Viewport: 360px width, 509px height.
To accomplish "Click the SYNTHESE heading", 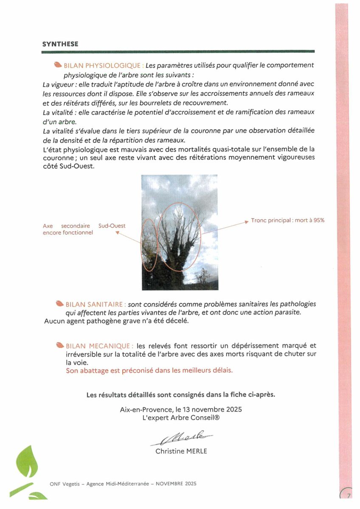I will [60, 44].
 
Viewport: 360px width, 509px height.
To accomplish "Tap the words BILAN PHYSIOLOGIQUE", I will [103, 66].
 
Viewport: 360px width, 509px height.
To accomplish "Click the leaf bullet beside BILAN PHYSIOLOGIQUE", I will [58, 65].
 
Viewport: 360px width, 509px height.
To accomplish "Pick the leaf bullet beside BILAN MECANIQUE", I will [60, 346].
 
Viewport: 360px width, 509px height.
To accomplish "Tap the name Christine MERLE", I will [181, 451].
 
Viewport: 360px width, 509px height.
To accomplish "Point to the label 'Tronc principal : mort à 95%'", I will [288, 221].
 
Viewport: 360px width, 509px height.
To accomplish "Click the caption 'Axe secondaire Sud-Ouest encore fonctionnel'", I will [84, 229].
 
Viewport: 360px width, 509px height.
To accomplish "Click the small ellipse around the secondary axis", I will [149, 245].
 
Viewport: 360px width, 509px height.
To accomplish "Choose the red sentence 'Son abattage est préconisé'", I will [149, 370].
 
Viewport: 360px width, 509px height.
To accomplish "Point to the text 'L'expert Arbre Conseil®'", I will [181, 418].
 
